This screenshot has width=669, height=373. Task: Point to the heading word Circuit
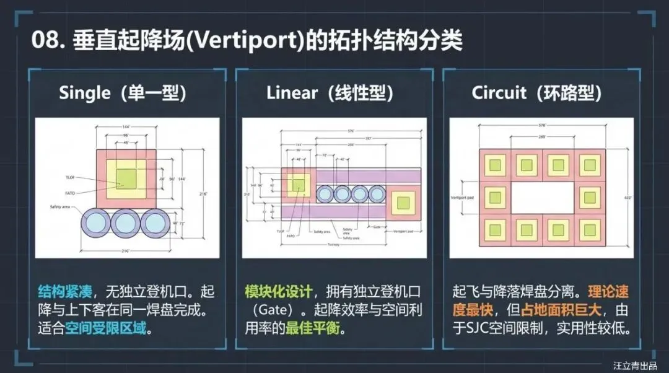[499, 93]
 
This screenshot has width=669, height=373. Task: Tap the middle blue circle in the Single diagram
[126, 224]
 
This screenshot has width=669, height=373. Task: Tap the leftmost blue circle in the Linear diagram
[328, 195]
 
